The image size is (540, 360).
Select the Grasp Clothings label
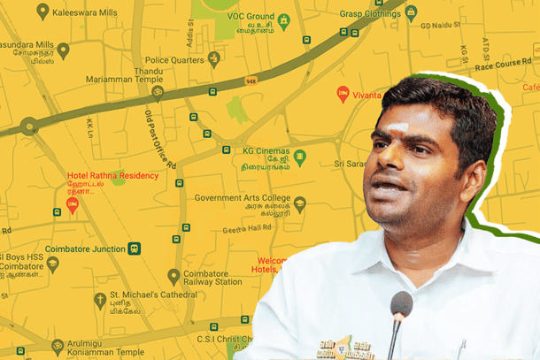pyautogui.click(x=369, y=12)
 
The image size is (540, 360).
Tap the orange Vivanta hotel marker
pyautogui.click(x=343, y=92)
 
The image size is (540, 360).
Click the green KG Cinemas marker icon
pyautogui.click(x=300, y=157)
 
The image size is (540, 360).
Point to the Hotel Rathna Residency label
pyautogui.click(x=113, y=175)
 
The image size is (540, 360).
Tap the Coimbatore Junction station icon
pyautogui.click(x=135, y=248)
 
